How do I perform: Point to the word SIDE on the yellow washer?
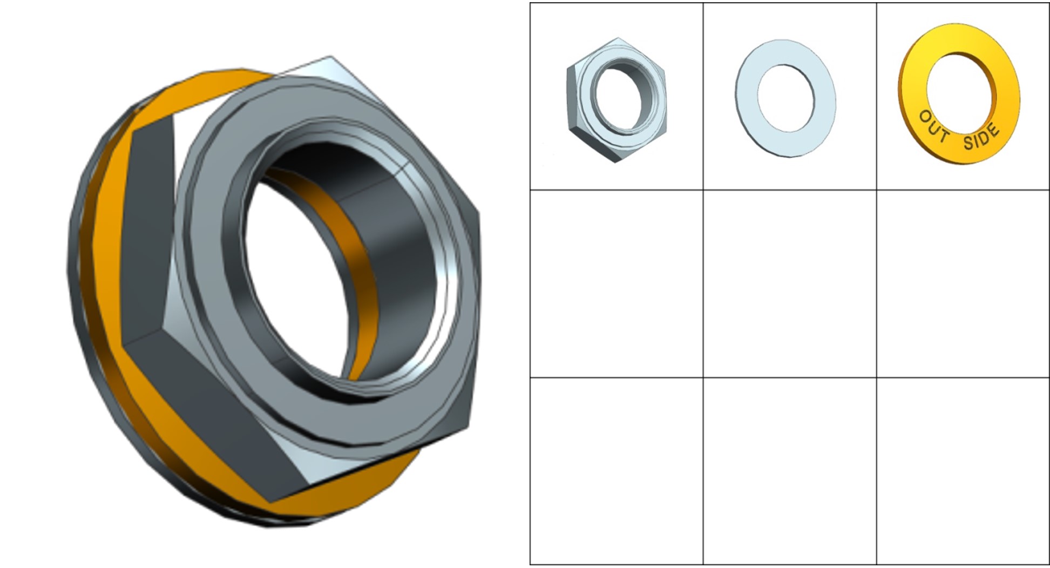point(981,137)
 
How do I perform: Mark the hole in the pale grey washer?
point(785,98)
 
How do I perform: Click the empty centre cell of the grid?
point(790,283)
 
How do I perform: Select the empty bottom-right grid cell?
point(963,471)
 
